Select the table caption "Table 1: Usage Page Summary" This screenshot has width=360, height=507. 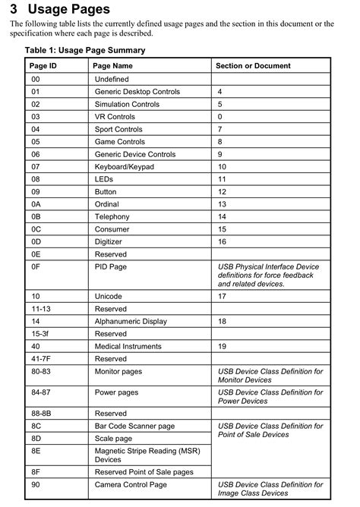point(84,50)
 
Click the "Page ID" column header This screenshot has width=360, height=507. point(43,66)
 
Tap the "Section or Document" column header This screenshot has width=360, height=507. point(253,66)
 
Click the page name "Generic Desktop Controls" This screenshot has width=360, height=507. point(137,91)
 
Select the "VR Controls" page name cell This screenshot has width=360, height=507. point(115,117)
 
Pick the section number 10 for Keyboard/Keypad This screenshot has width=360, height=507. point(222,166)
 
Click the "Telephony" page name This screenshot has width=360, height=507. point(112,216)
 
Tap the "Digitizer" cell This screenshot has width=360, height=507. point(111,241)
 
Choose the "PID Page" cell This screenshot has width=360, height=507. point(111,267)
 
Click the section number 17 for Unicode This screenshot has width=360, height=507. point(222,296)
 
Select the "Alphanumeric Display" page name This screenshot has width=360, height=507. point(131,321)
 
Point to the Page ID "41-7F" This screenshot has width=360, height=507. point(42,358)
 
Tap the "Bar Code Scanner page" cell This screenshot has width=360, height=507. point(134,426)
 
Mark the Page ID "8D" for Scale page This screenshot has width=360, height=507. point(36,439)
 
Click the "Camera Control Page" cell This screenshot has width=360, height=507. point(131,484)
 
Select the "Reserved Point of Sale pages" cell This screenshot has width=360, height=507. point(144,472)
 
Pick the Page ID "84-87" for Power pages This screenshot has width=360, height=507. point(42,392)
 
